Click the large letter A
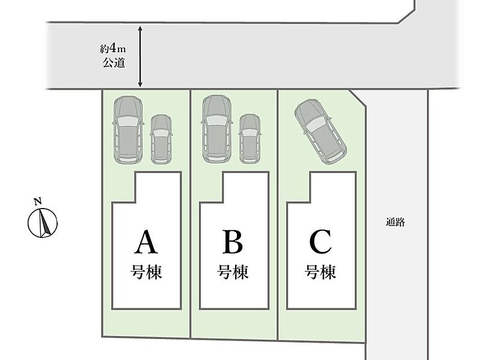pos(146,242)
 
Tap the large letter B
pos(233,242)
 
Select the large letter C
pos(320,242)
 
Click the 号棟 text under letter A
pos(146,272)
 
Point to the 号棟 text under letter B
pos(233,272)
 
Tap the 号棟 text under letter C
pos(320,272)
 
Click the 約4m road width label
pos(113,49)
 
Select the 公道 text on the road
pos(114,63)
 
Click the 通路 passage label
pos(396,222)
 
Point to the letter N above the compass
pos(38,201)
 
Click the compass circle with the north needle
pos(43,223)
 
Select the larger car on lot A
pos(128,129)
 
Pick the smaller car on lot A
pos(161,139)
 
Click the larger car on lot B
pos(216,129)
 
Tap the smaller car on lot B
pos(250,139)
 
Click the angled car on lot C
pos(320,131)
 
